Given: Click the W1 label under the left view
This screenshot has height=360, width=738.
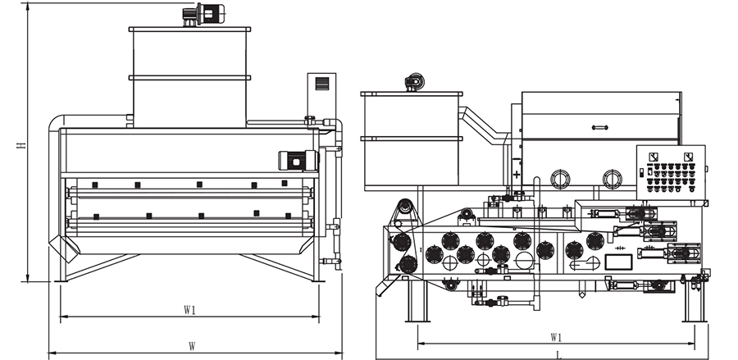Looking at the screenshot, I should pos(189,310).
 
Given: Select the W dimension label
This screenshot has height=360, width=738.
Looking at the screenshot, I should pos(191,346).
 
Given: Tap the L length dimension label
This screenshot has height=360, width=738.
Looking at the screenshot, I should pos(558,354).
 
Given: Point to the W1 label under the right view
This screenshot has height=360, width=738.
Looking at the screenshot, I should pos(555,337).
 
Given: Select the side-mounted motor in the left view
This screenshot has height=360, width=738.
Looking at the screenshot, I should pos(295,160).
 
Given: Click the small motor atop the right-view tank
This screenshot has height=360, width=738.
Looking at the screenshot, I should pos(413,81).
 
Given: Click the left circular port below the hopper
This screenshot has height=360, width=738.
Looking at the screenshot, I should pos(561,178).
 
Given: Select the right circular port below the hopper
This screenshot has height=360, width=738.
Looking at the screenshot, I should pos(611,178).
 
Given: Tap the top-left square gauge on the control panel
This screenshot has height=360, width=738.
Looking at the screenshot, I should pos(652,156).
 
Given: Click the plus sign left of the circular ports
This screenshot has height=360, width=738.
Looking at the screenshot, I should pos(517,175).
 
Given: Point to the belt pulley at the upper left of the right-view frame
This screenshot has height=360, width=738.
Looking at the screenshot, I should pos(403,207).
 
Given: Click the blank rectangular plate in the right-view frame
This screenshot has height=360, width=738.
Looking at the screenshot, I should pos(617,262).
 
